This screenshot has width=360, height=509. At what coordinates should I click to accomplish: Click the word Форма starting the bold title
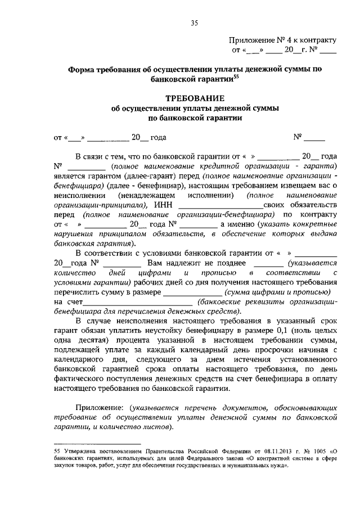pyautogui.click(x=80, y=71)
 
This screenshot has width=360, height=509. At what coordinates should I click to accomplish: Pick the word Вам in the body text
pyautogui.click(x=156, y=263)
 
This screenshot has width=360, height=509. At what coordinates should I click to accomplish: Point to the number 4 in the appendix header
pyautogui.click(x=290, y=40)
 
